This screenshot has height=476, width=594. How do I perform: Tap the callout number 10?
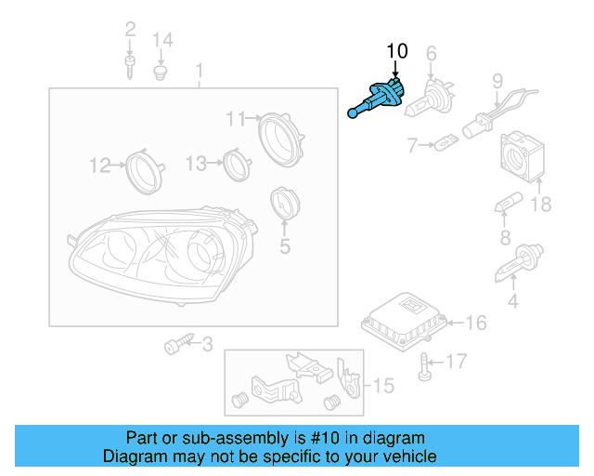tap(396, 50)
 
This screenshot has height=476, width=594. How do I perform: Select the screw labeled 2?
tap(129, 66)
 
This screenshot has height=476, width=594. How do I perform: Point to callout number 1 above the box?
tap(199, 71)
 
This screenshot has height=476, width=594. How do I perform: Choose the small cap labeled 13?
tap(236, 163)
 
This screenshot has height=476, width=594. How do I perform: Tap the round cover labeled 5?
tap(282, 205)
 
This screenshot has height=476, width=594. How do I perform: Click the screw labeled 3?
tap(174, 346)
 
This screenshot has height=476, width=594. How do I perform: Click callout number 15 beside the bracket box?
tap(383, 384)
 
